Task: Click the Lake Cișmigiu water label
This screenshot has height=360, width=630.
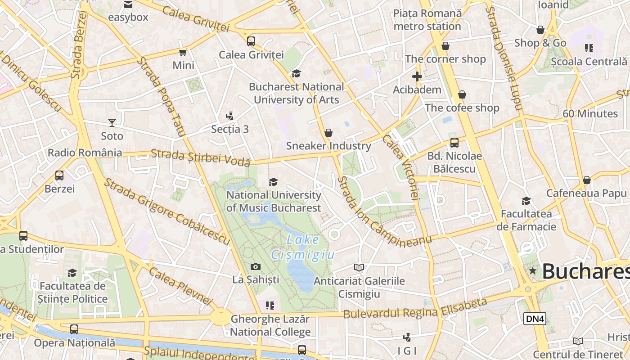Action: [x=302, y=247]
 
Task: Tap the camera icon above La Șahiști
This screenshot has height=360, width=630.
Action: [x=255, y=266]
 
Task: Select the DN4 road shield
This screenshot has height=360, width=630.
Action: [x=535, y=319]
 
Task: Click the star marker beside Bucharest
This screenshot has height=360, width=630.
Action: [x=533, y=271]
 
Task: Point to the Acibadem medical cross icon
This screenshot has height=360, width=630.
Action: [x=417, y=76]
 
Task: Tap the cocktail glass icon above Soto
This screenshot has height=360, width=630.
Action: [x=112, y=122]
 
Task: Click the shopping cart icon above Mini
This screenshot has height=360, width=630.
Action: [x=183, y=53]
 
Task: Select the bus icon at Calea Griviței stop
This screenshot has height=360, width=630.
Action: [x=251, y=41]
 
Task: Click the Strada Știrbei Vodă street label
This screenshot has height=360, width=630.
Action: [x=200, y=157]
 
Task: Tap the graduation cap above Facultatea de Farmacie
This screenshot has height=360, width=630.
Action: [x=526, y=201]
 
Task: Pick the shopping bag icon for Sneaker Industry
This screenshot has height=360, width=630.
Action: [x=328, y=133]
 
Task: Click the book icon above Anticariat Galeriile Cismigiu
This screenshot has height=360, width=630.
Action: [x=359, y=268]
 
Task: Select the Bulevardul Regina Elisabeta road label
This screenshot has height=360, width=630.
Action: [x=415, y=308]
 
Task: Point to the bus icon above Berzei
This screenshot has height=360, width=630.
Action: [x=59, y=175]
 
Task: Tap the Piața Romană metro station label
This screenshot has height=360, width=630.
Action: [x=427, y=20]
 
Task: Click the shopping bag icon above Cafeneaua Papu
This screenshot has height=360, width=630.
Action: [x=586, y=180]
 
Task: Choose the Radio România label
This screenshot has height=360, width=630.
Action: [x=85, y=153]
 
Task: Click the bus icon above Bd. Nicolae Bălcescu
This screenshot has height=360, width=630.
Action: [x=454, y=143]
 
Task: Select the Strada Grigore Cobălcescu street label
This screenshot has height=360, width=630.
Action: [x=167, y=211]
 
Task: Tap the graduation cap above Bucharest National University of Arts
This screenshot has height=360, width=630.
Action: [x=296, y=73]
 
